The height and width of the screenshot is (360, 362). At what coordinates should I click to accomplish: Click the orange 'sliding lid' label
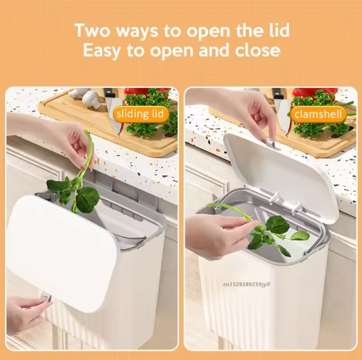pos(141,114)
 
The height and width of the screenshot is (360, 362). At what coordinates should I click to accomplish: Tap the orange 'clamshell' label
pos(318,115)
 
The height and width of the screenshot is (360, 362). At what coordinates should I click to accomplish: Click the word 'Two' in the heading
pos(92,30)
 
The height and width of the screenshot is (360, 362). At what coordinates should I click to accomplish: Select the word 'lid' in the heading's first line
pos(280,30)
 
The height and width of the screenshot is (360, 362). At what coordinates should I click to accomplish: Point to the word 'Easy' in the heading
pos(102,50)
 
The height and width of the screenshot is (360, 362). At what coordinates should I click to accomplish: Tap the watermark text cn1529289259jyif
pos(247,284)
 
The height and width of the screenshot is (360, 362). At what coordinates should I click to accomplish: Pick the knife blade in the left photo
pos(114,115)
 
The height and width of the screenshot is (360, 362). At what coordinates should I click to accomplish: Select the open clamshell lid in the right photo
pos(281,177)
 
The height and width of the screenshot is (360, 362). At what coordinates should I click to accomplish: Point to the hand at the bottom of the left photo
pos(26,313)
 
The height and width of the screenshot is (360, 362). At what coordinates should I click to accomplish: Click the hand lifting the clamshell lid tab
pos(253,115)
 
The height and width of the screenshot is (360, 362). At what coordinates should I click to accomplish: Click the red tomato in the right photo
pos(315,92)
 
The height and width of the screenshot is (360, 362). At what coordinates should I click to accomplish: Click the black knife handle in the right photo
pos(278,94)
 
